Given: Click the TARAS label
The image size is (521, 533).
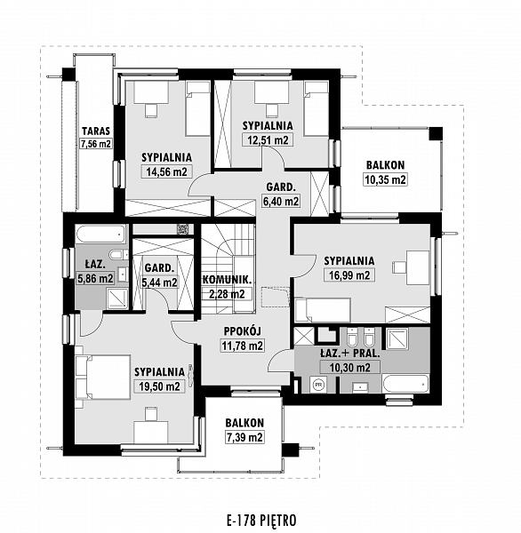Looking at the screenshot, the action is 96,131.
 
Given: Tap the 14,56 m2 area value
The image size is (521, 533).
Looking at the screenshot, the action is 167,171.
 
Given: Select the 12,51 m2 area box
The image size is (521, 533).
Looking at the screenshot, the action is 268,139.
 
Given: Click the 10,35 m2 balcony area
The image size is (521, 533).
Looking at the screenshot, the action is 386,179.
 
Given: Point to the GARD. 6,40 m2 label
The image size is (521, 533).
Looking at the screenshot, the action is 281,194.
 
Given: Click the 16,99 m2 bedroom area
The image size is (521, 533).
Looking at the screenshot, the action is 349,274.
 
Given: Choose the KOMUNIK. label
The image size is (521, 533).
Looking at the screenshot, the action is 228,280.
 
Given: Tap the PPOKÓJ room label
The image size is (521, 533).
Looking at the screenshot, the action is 243,331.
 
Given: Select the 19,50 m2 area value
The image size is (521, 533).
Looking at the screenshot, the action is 160,386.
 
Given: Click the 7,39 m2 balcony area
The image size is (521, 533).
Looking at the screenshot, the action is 244,437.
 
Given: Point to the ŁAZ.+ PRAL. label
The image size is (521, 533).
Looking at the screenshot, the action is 349,354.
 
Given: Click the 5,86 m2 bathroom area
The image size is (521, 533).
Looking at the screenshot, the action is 96,279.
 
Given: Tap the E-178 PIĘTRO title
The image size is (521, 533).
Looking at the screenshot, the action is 261,521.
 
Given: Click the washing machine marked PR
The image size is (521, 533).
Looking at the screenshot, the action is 319,385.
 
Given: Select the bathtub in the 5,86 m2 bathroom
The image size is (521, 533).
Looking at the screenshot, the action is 100,235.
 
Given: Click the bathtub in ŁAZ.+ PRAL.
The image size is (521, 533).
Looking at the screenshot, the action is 405,384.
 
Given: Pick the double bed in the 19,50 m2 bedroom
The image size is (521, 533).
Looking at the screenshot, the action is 103,377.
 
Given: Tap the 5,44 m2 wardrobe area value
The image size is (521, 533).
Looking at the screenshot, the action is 160,282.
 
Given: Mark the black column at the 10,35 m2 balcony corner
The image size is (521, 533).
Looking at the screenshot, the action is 436,133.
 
